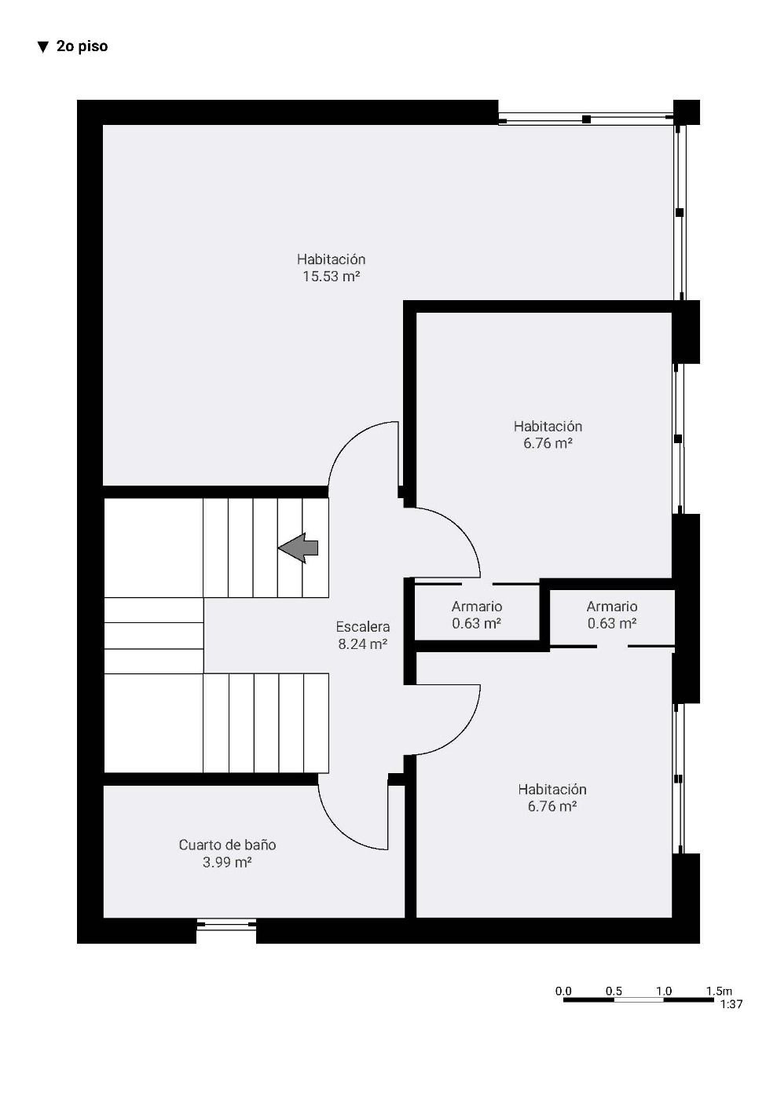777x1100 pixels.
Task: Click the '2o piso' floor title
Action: click(x=82, y=46)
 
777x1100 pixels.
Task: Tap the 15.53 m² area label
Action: click(x=331, y=277)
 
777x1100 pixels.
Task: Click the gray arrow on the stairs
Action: click(x=298, y=548)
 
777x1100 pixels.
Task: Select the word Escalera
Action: click(x=363, y=627)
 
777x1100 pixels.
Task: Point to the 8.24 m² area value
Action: click(x=363, y=643)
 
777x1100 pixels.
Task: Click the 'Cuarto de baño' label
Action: click(x=227, y=845)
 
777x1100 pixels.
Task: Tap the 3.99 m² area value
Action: click(x=227, y=862)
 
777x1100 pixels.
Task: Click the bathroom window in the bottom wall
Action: click(x=226, y=926)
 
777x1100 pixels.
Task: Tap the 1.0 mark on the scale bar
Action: click(x=664, y=991)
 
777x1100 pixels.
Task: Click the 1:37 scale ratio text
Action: click(x=731, y=1004)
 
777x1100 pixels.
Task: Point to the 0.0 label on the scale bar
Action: click(x=563, y=991)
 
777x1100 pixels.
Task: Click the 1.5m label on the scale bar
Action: click(x=719, y=991)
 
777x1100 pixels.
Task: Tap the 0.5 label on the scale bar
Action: click(x=614, y=991)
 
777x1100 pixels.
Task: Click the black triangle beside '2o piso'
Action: click(x=42, y=47)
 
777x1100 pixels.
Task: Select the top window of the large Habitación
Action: click(x=586, y=119)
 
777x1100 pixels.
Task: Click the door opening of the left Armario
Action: click(x=477, y=584)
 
